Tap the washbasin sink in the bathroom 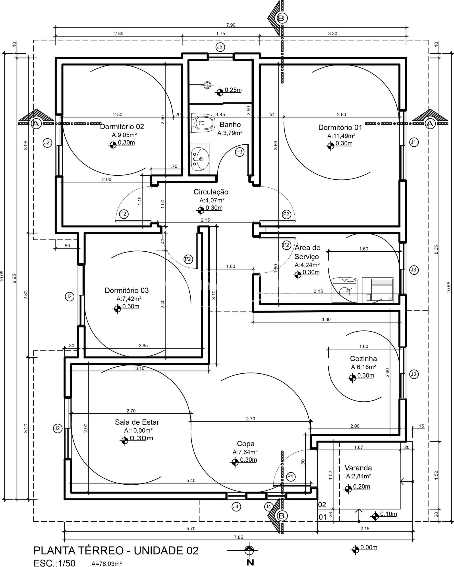click(200, 158)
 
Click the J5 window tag click(220, 47)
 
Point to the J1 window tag click(414, 142)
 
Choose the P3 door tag click(239, 152)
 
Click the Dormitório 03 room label click(127, 290)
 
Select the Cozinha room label click(363, 358)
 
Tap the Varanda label click(358, 468)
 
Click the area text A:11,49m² click(341, 136)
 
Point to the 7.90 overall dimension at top click(231, 25)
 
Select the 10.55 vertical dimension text click(448, 287)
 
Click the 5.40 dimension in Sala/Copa click(191, 480)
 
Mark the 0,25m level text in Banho click(233, 90)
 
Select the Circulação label click(211, 192)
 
